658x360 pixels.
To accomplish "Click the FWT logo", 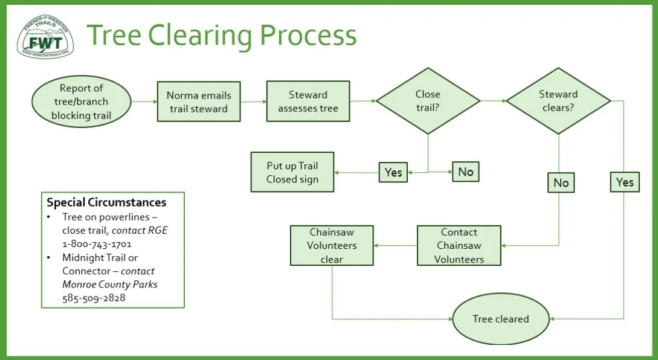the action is click(x=45, y=36).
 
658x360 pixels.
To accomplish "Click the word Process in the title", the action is click(x=308, y=35).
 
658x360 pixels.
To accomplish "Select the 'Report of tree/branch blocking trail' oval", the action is click(x=82, y=101).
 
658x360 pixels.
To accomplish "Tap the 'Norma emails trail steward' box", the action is click(x=199, y=101).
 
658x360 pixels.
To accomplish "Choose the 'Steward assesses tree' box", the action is click(x=308, y=101).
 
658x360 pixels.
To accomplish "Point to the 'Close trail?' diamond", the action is click(x=428, y=101).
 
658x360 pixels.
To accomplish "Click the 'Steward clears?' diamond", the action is click(x=558, y=101).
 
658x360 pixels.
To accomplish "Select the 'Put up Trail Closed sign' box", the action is click(x=292, y=172).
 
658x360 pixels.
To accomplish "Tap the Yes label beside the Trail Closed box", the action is click(x=393, y=172).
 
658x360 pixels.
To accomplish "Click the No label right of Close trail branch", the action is click(x=466, y=172).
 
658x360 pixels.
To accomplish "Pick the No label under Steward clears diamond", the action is click(x=561, y=182).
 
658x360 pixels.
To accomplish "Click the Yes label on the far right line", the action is click(x=625, y=182).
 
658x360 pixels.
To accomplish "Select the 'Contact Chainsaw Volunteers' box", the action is click(x=459, y=245).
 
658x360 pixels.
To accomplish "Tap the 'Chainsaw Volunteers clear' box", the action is click(x=332, y=245).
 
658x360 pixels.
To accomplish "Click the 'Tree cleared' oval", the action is click(x=501, y=319).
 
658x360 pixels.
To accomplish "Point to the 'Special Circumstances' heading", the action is click(x=106, y=202).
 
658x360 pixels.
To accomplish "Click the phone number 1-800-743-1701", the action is click(x=97, y=244).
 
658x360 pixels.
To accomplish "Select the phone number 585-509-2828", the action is click(x=94, y=298).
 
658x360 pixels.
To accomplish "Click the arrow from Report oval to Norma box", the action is click(x=144, y=101).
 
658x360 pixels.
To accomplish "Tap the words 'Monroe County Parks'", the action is click(x=110, y=284).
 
